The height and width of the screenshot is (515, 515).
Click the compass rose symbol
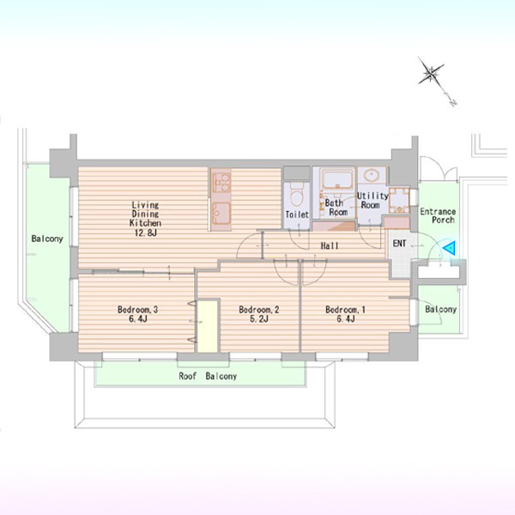point(431,74)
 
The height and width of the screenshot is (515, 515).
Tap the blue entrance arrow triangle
point(449,248)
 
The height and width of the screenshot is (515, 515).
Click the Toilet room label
point(297,215)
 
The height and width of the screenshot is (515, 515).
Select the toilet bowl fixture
point(297,195)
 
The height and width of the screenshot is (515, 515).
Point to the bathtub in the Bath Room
point(337,179)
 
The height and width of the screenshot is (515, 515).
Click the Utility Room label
point(373,200)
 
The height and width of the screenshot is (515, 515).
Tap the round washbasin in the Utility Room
point(373,174)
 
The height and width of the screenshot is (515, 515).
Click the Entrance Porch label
point(439,215)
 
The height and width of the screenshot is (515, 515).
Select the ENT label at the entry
point(399,244)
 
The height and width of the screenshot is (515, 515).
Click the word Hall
point(330,245)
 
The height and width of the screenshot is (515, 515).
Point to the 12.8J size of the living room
point(146,233)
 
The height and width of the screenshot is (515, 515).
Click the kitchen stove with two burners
point(221,182)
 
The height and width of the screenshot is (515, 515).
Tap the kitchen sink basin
point(221,213)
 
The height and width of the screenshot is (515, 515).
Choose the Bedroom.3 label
point(137,309)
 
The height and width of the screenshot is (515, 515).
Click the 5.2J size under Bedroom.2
point(259,318)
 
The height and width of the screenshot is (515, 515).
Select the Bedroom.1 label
point(345,309)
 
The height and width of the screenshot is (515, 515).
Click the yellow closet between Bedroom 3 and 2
point(208,326)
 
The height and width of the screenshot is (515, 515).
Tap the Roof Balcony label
point(208,376)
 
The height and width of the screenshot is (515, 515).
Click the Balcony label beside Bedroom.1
point(441,309)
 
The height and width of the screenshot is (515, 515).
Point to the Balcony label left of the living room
point(47,239)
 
